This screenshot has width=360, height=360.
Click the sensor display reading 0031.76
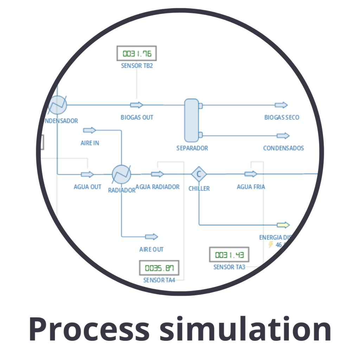point(136,54)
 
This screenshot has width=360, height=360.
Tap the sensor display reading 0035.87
point(159,268)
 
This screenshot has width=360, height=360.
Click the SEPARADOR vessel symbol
point(192,120)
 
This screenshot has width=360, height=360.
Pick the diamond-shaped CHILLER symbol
point(199,174)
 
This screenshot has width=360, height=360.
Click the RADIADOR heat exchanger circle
point(121,174)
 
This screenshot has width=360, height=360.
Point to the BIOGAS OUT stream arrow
point(136,105)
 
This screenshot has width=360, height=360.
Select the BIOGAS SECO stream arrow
point(281,105)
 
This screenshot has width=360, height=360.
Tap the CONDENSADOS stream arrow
point(283,136)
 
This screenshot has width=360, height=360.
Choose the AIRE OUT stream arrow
point(152,237)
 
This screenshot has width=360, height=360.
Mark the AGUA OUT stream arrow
point(88,174)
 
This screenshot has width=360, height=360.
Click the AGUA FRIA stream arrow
point(251,174)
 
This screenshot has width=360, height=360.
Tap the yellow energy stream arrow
point(283,225)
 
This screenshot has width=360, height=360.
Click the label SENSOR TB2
point(137,66)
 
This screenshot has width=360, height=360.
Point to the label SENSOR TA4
point(159,280)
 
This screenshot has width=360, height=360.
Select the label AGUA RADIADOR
point(157,187)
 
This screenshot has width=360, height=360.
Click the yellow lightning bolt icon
point(271,244)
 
